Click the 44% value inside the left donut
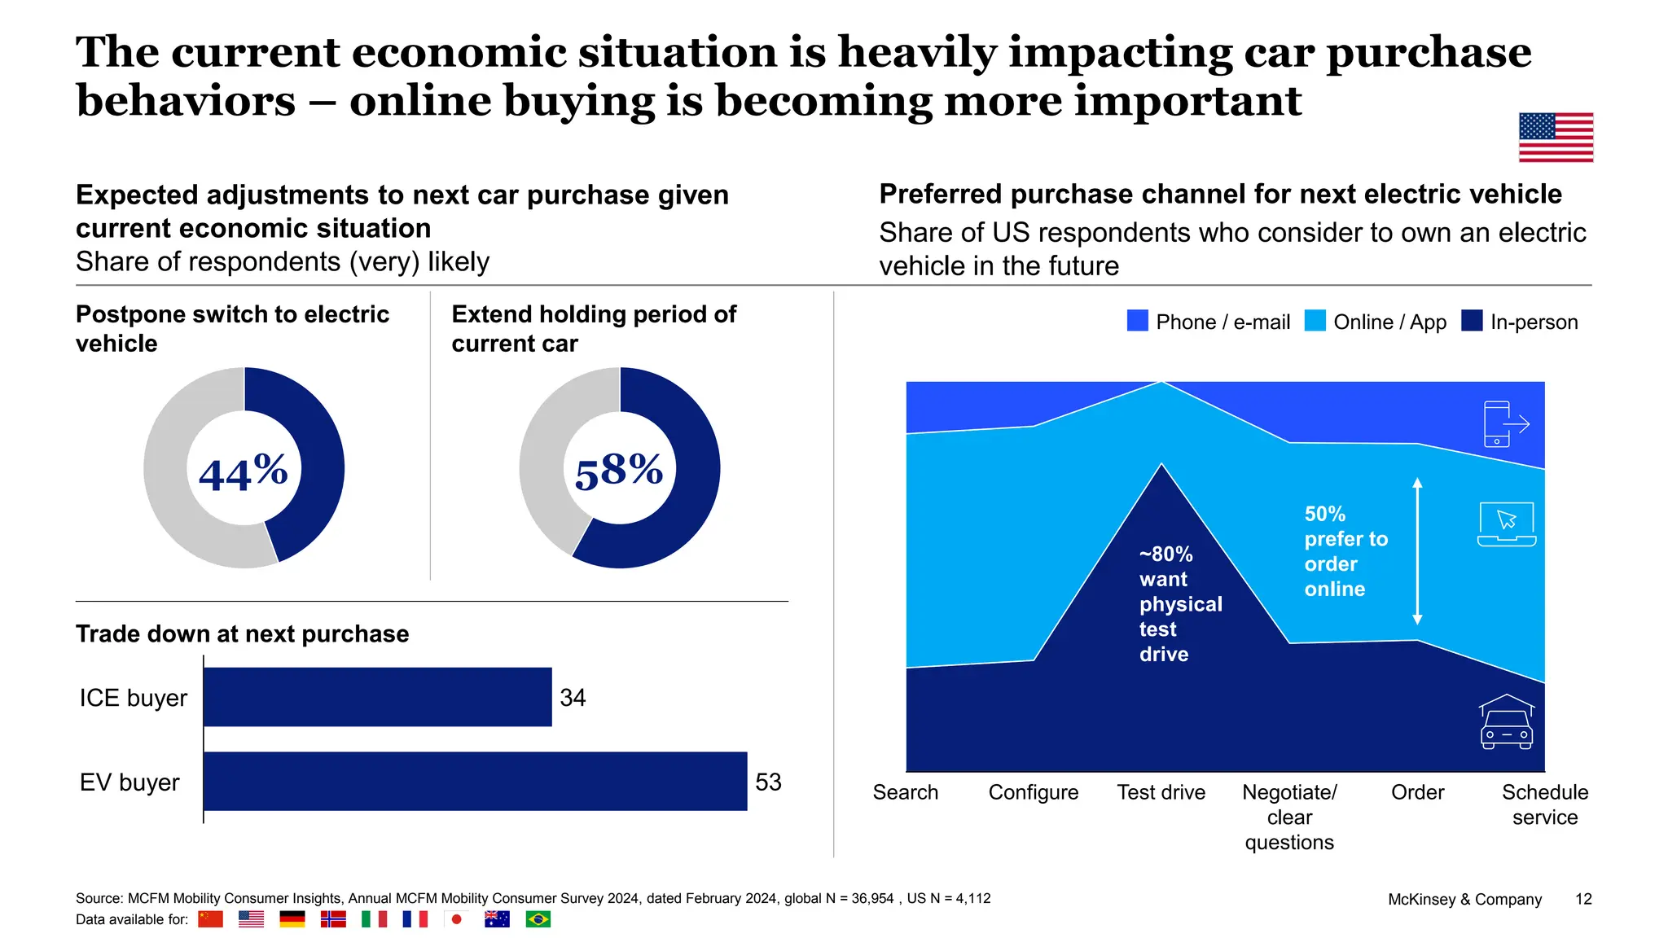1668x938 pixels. click(243, 471)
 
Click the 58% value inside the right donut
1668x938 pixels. click(619, 471)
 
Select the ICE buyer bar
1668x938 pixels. click(377, 697)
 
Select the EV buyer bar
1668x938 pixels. click(475, 781)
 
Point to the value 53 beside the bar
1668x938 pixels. click(768, 782)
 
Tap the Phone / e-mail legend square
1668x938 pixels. click(1137, 321)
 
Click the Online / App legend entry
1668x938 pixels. click(1376, 322)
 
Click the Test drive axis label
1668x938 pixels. click(1161, 792)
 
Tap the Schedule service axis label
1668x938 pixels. click(1544, 804)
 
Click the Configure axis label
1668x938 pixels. click(1033, 792)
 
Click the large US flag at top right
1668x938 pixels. click(1556, 137)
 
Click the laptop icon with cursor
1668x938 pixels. click(1506, 524)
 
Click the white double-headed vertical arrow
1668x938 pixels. click(1417, 551)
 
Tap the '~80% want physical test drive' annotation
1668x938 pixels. click(1179, 604)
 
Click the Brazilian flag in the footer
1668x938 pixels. click(538, 919)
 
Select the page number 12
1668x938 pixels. click(1582, 899)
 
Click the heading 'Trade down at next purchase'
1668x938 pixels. click(242, 633)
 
